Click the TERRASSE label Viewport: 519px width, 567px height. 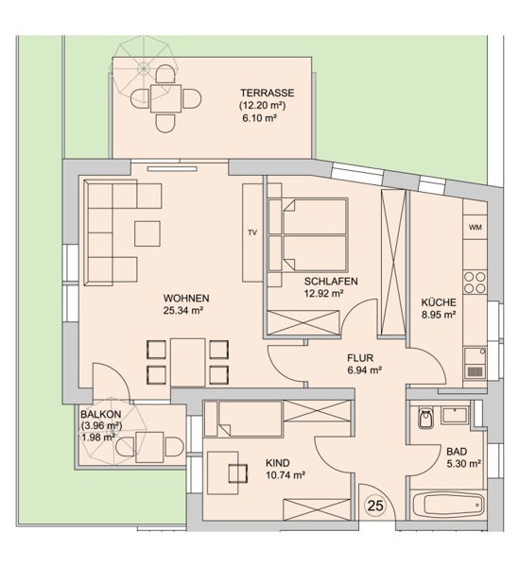268,93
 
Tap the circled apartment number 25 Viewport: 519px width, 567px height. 375,506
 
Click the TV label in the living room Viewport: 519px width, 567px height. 252,232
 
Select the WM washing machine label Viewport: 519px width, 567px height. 476,228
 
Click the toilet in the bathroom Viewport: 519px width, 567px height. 425,418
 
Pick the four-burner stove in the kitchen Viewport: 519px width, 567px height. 475,283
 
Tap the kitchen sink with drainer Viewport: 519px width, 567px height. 475,363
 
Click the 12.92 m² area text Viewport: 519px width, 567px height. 323,293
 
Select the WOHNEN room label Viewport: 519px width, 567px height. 186,299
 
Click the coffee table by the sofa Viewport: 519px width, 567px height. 147,233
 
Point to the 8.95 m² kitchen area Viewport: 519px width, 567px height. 439,315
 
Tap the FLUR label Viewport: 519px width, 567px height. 360,358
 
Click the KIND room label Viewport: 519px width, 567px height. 278,463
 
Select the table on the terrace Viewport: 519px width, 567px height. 166,98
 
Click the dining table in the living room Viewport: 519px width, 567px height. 188,363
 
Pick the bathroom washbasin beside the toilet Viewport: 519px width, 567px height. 455,415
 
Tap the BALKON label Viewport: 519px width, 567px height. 100,414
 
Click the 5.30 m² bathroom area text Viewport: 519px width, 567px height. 463,464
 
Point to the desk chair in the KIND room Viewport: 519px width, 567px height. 238,473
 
